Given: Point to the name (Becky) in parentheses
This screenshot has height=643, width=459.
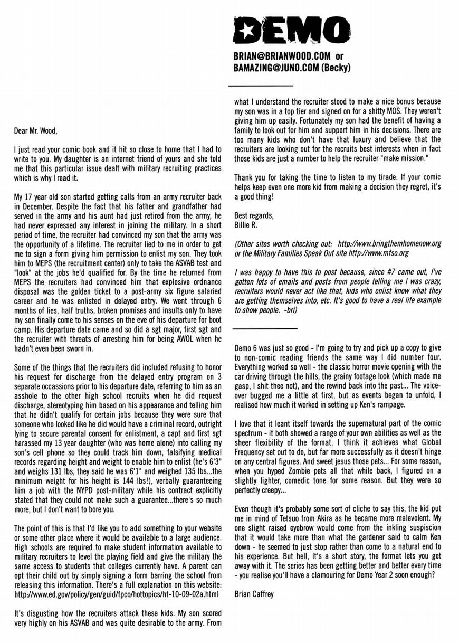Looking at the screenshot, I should point(335,68).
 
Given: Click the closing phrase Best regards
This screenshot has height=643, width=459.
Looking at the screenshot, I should point(254,216).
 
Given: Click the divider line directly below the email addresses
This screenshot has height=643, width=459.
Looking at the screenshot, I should point(260,85).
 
